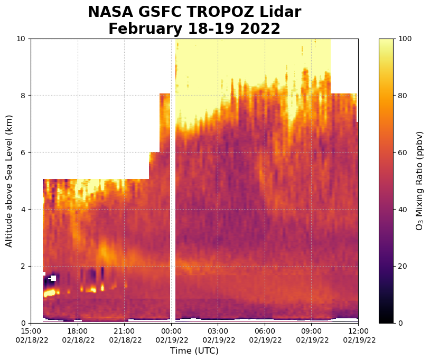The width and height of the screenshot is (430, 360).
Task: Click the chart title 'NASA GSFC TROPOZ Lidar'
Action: [x=194, y=12]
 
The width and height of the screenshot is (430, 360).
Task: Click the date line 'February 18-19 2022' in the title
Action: [x=194, y=29]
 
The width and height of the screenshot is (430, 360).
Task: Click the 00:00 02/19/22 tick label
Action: [x=171, y=335]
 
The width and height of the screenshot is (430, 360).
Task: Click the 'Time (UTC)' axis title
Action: [x=194, y=351]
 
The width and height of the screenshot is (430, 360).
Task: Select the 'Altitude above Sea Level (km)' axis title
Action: [x=9, y=181]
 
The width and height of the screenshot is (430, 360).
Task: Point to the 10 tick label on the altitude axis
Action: [x=22, y=39]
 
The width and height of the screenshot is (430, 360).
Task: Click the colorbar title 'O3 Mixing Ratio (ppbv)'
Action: [x=420, y=181]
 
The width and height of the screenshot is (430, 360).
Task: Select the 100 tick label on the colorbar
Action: [x=405, y=39]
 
